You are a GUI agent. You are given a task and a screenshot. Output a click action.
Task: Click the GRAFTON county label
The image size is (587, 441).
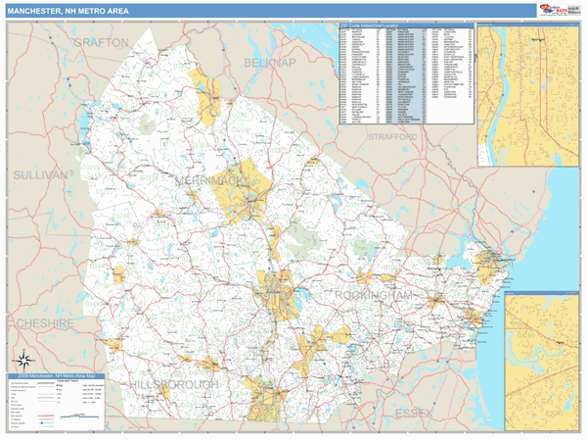tap(101, 43)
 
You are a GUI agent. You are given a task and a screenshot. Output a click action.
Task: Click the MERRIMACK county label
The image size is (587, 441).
tap(209, 182)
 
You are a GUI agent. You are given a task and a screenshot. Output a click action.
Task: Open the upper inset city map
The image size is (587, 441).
tap(527, 93)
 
